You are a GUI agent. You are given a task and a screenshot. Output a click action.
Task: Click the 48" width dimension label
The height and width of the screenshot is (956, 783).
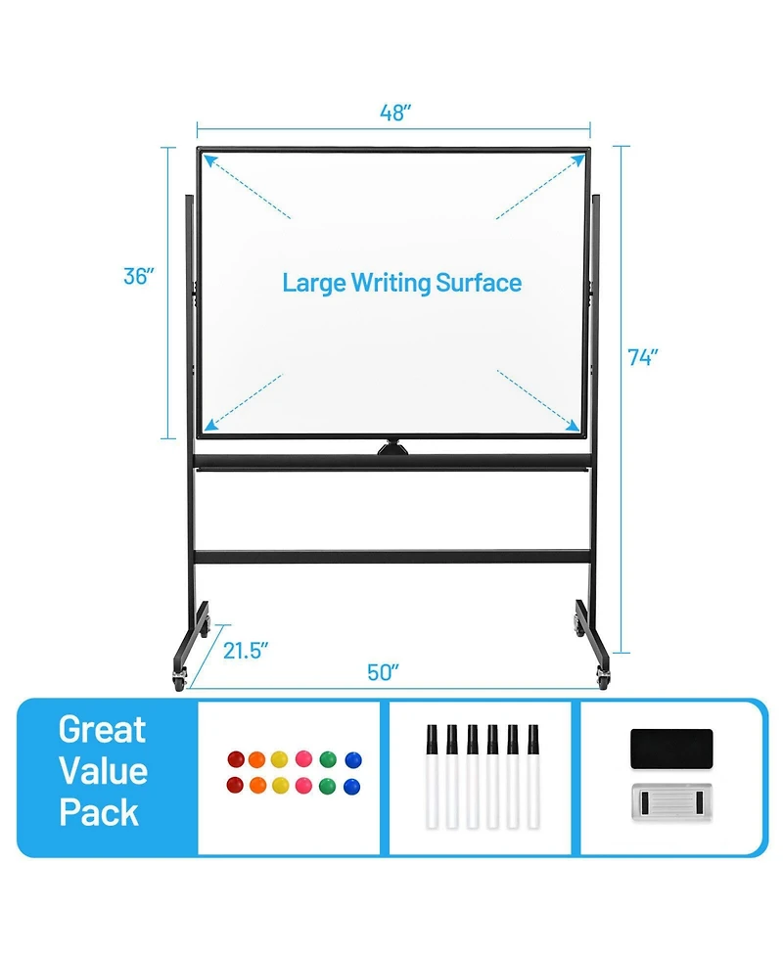coord(394,113)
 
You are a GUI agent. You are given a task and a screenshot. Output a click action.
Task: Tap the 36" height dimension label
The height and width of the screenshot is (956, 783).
coord(140,277)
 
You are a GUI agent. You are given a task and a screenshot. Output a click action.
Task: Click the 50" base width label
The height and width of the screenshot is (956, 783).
coord(385,673)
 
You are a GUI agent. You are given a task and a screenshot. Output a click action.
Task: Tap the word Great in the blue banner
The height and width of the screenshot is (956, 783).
coord(102,730)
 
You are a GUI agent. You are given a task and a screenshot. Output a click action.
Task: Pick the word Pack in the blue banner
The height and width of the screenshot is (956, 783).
coord(99,813)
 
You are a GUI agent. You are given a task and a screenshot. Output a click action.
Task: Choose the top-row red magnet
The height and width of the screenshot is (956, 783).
coord(236,758)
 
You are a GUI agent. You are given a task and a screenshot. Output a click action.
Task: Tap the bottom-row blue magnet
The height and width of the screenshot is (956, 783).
coord(352,785)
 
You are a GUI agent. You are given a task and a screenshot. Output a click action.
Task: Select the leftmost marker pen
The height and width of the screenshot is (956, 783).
coord(433,778)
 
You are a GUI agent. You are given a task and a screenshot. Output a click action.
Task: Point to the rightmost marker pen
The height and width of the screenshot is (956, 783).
coord(534,778)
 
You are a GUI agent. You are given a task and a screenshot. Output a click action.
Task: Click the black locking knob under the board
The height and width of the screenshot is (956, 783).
coord(395,448)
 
